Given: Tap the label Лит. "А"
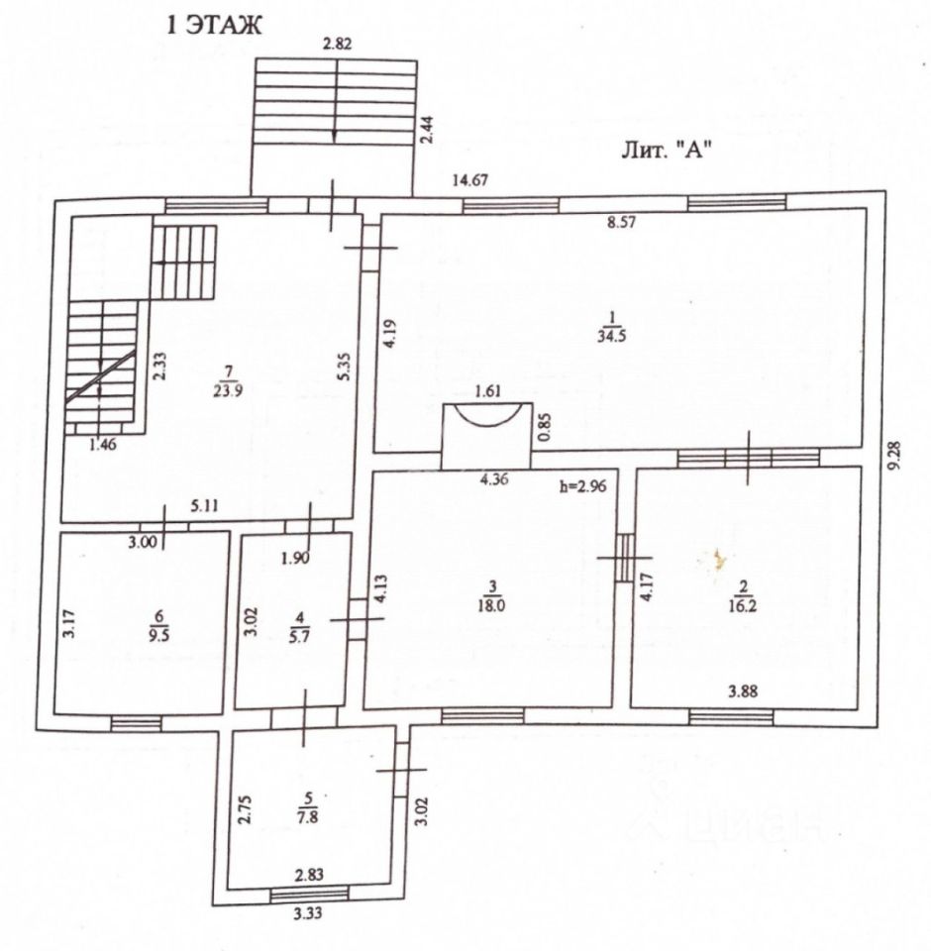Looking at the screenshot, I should click(x=668, y=150).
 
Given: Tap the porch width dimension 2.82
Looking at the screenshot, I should click(x=337, y=43).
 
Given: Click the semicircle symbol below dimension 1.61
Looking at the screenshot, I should click(x=485, y=416).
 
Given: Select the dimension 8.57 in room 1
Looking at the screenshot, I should click(x=621, y=224).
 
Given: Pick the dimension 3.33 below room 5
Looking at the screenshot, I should click(x=308, y=913).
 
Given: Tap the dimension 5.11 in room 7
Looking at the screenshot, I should click(x=204, y=505).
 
